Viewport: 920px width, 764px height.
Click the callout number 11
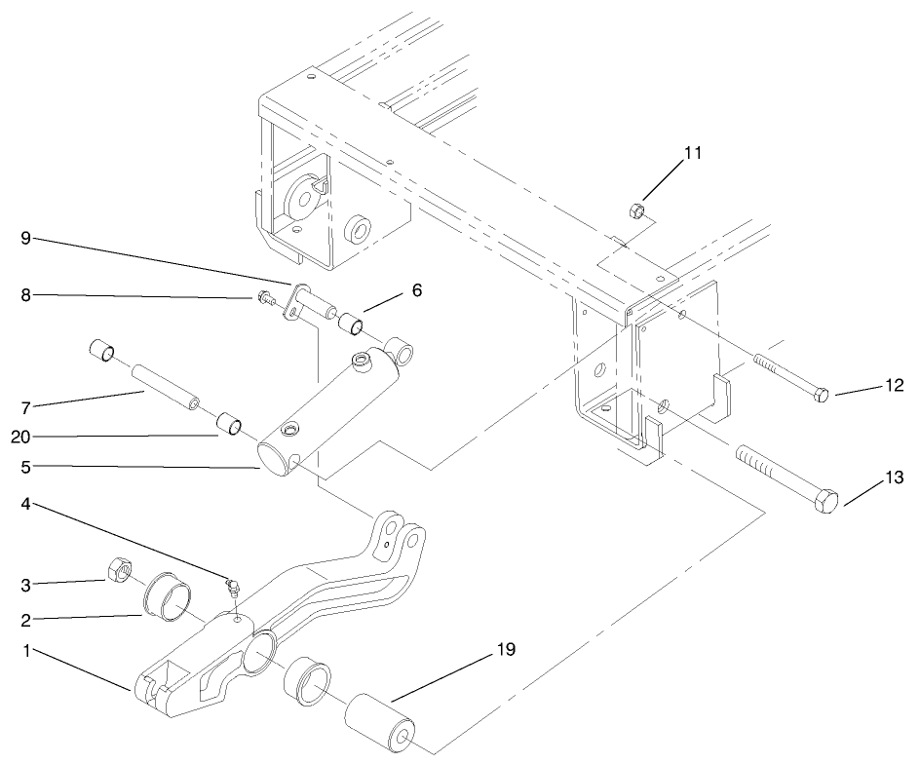692,153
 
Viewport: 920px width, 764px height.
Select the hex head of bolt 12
821,395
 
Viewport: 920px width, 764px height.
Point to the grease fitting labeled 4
233,586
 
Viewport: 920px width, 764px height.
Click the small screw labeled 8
266,296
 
